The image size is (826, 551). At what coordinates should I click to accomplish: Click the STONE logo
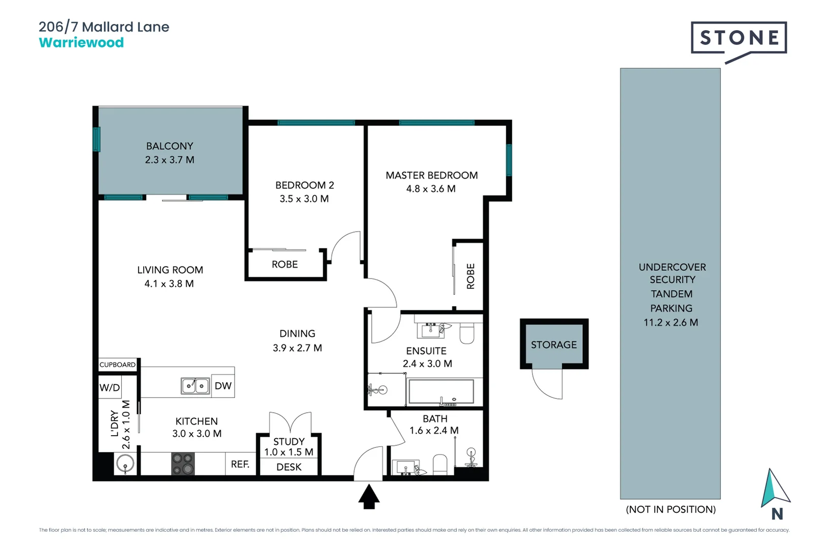(x=739, y=38)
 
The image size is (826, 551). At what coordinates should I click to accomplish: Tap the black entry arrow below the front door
(x=369, y=496)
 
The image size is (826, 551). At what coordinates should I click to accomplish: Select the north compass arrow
(x=774, y=489)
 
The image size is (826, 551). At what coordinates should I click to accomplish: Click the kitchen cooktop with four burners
(x=183, y=464)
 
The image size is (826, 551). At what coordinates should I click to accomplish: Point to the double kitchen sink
(x=195, y=386)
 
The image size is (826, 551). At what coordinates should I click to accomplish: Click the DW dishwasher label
(x=223, y=386)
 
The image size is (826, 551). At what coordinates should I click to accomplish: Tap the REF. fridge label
(x=240, y=464)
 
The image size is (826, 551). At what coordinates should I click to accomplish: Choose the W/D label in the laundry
(x=110, y=387)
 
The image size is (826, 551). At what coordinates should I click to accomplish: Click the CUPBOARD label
(x=118, y=364)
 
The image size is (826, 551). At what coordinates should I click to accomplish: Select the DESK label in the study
(x=289, y=467)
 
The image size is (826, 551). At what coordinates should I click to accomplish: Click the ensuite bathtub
(x=442, y=392)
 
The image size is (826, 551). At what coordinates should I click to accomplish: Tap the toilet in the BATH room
(x=440, y=464)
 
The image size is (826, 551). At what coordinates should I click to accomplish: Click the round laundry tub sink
(x=125, y=464)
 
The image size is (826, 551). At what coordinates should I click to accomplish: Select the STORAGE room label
(x=554, y=345)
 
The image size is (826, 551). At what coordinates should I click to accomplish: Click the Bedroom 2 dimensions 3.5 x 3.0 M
(x=304, y=199)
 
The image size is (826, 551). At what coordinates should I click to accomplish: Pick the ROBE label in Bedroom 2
(x=285, y=264)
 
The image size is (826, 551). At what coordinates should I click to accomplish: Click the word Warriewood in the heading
(x=81, y=42)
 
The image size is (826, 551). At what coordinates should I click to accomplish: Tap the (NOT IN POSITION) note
(x=670, y=509)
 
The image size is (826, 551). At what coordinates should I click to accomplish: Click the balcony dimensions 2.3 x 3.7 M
(x=169, y=160)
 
